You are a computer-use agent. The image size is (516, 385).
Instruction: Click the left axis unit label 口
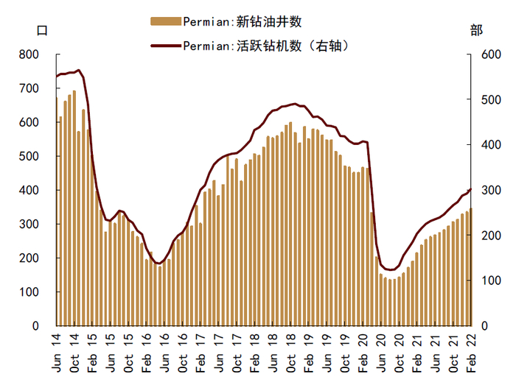pyautogui.click(x=42, y=30)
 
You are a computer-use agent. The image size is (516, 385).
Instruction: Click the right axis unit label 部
pyautogui.click(x=476, y=30)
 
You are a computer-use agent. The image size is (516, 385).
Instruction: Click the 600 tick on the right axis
pyautogui.click(x=490, y=54)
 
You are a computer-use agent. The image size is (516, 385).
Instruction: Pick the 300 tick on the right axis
pyautogui.click(x=490, y=190)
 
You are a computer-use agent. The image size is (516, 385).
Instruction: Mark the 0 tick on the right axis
pyautogui.click(x=484, y=325)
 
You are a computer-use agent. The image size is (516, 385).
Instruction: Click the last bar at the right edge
pyautogui.click(x=471, y=266)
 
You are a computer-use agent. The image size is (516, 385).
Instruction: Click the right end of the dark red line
pyautogui.click(x=471, y=189)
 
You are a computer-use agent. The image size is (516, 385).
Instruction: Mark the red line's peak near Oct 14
pyautogui.click(x=78, y=71)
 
